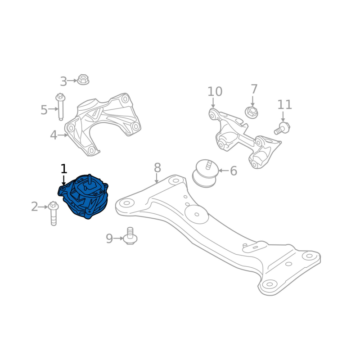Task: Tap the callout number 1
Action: pos(64,169)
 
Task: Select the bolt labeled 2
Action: pos(54,213)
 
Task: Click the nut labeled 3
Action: pos(83,80)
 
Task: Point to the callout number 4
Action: pos(54,135)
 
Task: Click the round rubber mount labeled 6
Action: pos(205,174)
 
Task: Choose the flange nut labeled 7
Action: pos(252,113)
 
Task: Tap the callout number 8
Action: pos(157,168)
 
